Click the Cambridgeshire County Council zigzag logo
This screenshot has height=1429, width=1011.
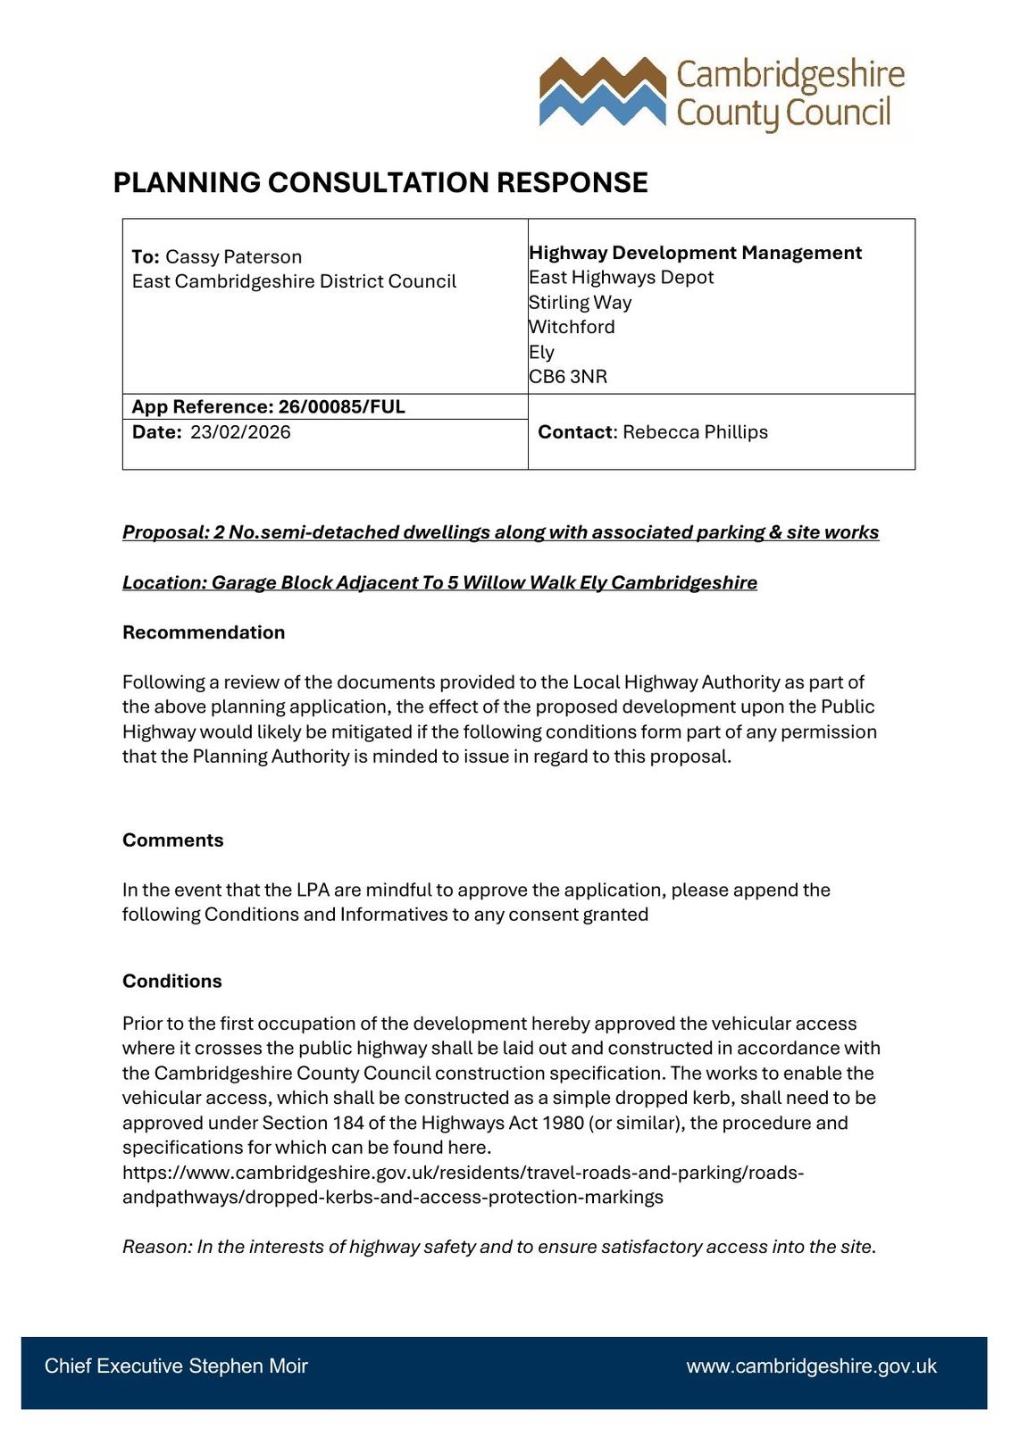[x=603, y=91]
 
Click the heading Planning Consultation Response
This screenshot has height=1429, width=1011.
[x=380, y=182]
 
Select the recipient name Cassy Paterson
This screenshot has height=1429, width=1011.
[x=233, y=257]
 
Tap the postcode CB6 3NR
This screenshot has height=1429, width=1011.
[x=568, y=377]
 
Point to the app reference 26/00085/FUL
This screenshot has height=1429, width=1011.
[x=341, y=407]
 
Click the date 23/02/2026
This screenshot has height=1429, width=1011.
[x=240, y=432]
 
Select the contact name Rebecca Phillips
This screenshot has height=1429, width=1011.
[x=695, y=432]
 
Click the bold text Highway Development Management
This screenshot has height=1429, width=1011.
[x=695, y=253]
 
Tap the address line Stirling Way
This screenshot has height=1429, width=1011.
[x=580, y=303]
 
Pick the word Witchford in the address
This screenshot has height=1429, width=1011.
[x=572, y=327]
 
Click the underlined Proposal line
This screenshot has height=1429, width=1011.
[x=500, y=532]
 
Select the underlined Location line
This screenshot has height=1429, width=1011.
[x=439, y=582]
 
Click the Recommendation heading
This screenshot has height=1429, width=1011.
[x=204, y=632]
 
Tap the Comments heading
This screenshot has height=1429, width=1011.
[x=173, y=840]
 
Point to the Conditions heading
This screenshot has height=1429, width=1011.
[x=172, y=981]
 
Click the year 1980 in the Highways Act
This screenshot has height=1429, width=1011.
[x=564, y=1123]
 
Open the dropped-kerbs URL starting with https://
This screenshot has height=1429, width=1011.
[x=463, y=1173]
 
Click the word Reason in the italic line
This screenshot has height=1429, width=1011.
[x=155, y=1247]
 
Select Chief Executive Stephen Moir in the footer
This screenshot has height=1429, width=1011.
[x=176, y=1366]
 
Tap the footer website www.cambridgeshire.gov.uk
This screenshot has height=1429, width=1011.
[x=811, y=1366]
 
